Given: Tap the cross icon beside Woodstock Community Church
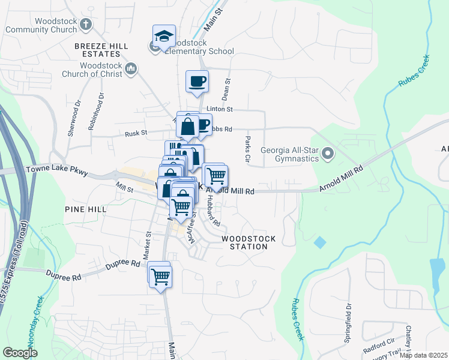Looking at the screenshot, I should [x=86, y=25].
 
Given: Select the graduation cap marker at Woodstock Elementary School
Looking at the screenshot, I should [x=164, y=36].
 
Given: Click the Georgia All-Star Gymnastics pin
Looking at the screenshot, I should [x=328, y=154].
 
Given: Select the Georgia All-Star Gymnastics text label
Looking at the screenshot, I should [x=289, y=154].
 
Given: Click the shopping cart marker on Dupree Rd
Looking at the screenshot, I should [x=160, y=276].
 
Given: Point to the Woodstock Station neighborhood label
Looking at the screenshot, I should [x=249, y=242].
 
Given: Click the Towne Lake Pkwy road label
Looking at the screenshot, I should [x=57, y=171].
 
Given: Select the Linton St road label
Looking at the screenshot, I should [x=219, y=109].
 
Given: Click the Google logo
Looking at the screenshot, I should [x=20, y=353].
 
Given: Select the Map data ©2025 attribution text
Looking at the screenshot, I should [x=423, y=355].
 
